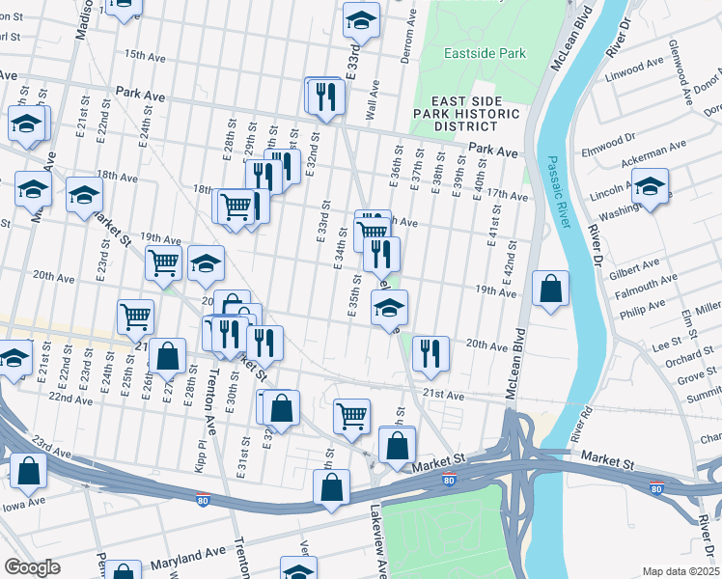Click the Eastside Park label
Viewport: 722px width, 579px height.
coord(485,54)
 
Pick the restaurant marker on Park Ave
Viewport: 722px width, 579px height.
coord(325,96)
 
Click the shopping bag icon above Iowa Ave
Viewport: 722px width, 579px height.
coord(29,472)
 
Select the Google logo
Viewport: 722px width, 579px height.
coord(31,567)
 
